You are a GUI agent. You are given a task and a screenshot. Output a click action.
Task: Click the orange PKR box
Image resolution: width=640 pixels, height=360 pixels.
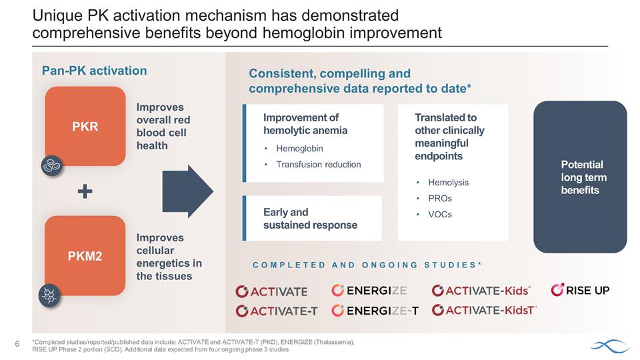click(x=85, y=126)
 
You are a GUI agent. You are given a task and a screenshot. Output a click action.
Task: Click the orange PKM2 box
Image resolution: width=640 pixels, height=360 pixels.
click(x=85, y=255)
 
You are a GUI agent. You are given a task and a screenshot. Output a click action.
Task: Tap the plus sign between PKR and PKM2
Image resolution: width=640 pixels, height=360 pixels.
click(x=85, y=192)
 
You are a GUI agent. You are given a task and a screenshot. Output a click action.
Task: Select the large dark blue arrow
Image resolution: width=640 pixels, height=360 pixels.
click(x=187, y=191)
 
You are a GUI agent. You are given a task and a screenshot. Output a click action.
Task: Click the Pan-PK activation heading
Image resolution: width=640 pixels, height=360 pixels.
click(x=95, y=71)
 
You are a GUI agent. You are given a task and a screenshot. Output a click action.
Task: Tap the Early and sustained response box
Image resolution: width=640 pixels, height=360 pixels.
click(x=311, y=219)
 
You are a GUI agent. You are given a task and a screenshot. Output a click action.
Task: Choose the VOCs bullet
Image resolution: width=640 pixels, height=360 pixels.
click(x=440, y=214)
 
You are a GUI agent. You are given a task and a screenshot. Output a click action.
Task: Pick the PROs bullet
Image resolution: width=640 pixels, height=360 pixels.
click(x=441, y=198)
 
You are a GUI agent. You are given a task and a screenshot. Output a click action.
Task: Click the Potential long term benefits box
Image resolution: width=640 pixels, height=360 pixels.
click(x=580, y=177)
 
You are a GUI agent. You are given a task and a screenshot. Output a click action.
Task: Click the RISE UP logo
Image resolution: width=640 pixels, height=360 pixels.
click(x=580, y=290)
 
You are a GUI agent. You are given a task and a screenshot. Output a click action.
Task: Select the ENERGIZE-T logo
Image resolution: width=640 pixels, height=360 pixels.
click(x=375, y=311)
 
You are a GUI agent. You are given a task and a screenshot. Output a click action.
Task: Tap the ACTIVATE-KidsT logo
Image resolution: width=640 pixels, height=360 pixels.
click(x=484, y=311)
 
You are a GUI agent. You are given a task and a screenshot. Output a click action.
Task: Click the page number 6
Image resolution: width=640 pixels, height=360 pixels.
click(x=17, y=344)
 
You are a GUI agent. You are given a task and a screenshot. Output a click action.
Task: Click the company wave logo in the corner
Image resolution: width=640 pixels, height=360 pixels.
click(x=609, y=345)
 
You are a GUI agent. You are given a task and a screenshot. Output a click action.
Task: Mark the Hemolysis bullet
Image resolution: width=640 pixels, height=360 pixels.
click(x=448, y=182)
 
